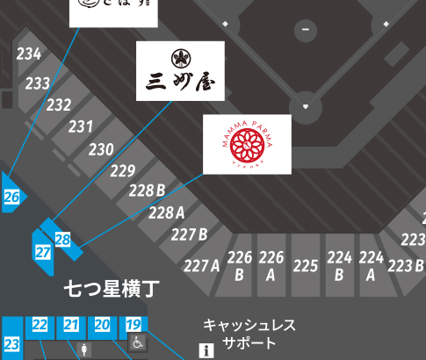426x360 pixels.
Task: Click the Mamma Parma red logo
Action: coord(247,144)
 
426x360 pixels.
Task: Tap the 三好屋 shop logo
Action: coord(180,71)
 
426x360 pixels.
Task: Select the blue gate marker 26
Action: coord(12,198)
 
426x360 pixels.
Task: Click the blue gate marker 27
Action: coord(43,252)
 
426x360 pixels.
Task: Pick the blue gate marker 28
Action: coord(62,239)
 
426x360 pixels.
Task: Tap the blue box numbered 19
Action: coord(134,325)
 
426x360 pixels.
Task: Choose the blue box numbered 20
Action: coord(103,325)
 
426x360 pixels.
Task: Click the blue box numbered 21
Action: coord(71,325)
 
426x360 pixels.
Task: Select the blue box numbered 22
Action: coord(40,325)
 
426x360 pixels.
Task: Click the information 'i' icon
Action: coord(207,351)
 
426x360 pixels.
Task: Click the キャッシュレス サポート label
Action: coord(249,334)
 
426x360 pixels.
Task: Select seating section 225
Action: coord(305,265)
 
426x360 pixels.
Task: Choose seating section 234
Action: coord(29,54)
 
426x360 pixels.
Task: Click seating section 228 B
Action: coord(147,191)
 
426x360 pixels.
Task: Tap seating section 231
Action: coord(81,126)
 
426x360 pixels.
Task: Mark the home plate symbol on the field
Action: coord(306,107)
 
